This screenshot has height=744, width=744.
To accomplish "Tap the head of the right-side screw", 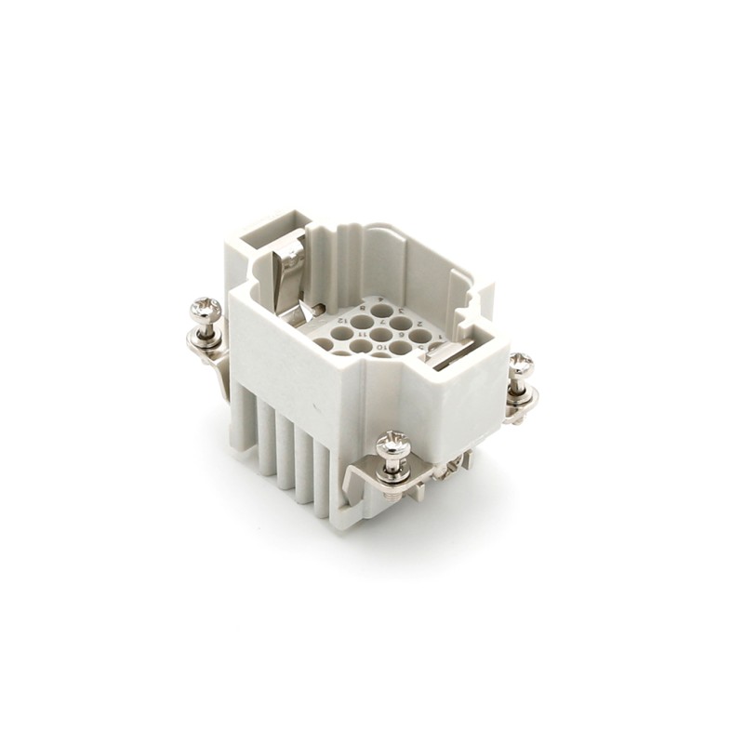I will tap(521, 364).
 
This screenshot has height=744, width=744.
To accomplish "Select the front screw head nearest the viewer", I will tap(393, 445).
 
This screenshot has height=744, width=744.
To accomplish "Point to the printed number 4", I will tap(380, 299).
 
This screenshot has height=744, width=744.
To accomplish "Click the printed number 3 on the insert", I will tap(400, 312).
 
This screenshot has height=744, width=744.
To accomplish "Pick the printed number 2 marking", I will tap(419, 324).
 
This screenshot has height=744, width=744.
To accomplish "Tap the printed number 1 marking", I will tap(440, 337).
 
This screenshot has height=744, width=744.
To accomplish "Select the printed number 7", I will tap(382, 322).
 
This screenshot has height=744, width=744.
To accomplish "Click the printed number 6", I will tap(402, 335).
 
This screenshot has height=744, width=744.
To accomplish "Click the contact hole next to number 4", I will tap(381, 311).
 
